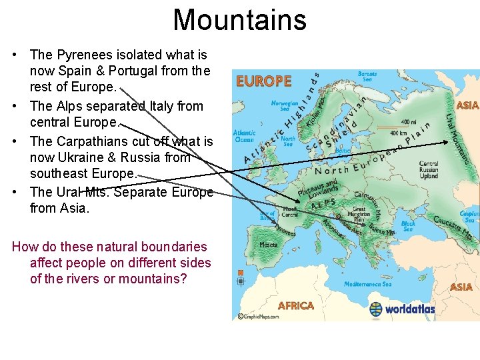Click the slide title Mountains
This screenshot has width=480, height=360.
tap(239, 20)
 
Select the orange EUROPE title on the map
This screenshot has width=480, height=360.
tap(264, 81)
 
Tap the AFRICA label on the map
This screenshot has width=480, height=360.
tap(295, 306)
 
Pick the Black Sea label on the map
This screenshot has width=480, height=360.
tap(408, 227)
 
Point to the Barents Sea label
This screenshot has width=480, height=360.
tap(367, 77)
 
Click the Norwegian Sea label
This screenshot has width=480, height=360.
tap(285, 106)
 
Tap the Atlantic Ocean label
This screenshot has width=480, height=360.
tap(244, 135)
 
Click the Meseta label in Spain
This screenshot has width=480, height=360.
tap(269, 245)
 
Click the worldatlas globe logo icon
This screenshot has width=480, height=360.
tap(377, 309)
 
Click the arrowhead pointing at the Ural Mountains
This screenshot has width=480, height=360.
tap(448, 141)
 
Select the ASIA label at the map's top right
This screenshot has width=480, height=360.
tap(467, 105)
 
